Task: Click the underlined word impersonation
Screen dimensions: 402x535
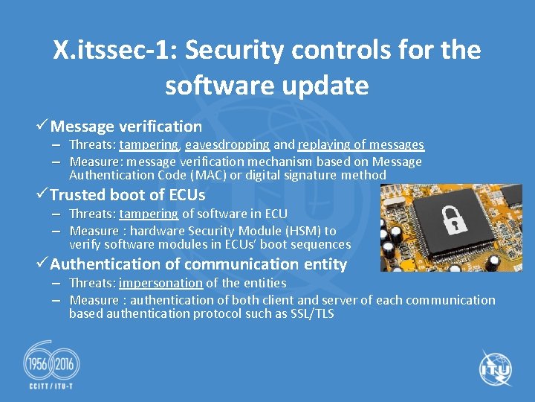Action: pyautogui.click(x=160, y=283)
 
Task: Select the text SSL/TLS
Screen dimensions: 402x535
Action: pyautogui.click(x=312, y=313)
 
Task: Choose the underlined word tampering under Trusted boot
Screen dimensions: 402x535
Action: pyautogui.click(x=148, y=214)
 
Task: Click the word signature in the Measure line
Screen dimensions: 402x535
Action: pyautogui.click(x=307, y=176)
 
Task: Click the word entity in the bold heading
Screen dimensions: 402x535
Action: pyautogui.click(x=325, y=264)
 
